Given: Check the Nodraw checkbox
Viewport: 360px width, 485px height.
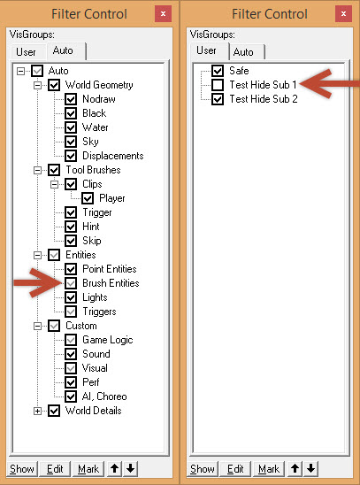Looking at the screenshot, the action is (71, 99).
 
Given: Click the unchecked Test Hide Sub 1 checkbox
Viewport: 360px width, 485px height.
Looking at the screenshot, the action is (218, 85).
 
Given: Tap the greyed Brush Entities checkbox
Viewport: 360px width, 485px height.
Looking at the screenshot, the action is (71, 283).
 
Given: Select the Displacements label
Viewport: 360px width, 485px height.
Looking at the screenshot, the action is (113, 156).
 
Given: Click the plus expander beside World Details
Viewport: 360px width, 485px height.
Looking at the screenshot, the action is (37, 411).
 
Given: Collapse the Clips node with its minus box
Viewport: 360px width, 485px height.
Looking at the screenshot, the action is (54, 184).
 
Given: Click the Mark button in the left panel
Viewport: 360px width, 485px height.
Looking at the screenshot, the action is (88, 469).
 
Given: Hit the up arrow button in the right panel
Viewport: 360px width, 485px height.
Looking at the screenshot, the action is (295, 469).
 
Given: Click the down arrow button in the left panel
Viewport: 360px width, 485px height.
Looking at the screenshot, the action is (131, 469).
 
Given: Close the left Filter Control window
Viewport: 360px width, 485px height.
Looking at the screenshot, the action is (163, 14).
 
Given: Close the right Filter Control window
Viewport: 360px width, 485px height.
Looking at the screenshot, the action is (343, 14).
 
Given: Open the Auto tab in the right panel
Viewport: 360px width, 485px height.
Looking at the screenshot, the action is (247, 52).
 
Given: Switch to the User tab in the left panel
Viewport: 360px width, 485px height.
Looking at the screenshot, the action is (27, 52).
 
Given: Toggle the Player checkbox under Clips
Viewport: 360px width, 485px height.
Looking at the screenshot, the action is (88, 198).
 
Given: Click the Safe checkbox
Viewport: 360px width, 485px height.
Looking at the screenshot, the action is (218, 71).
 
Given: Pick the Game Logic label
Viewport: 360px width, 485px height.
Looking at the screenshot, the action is (108, 340).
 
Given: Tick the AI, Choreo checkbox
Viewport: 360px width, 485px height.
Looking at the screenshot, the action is (71, 396).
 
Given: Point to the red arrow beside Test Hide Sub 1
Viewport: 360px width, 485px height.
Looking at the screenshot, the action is (329, 84).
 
